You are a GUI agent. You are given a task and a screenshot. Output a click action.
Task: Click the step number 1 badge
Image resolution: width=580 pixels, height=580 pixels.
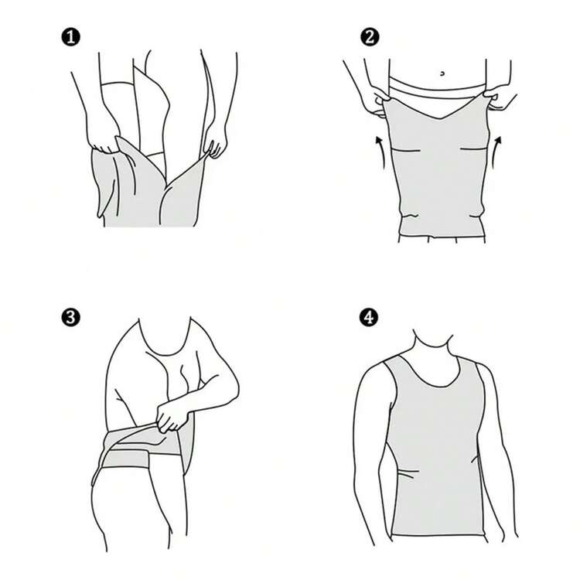tap(70, 36)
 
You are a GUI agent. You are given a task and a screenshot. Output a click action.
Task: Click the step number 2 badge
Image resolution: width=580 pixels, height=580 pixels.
tap(370, 36)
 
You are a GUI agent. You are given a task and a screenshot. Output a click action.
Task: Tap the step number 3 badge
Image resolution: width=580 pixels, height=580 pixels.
tap(70, 317)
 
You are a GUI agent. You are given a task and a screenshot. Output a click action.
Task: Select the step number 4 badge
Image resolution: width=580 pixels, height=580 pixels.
tap(370, 317)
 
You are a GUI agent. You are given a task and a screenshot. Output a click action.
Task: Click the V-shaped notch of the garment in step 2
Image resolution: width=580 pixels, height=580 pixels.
tap(440, 116)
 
